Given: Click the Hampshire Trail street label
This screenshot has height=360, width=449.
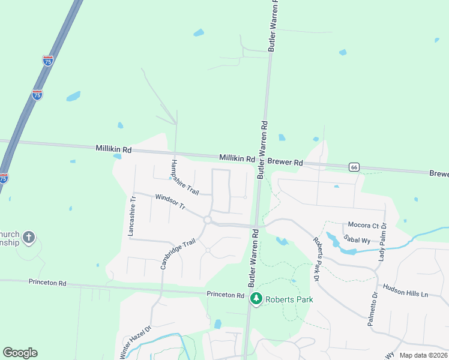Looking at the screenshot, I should (184, 177).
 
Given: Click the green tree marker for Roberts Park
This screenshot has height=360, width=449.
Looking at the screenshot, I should (256, 298).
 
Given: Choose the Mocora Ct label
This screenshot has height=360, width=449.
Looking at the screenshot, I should (362, 226).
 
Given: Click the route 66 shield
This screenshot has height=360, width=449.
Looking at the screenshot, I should (355, 167).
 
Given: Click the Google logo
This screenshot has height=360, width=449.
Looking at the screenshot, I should (20, 353).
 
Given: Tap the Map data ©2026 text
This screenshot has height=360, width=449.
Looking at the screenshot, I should (423, 355).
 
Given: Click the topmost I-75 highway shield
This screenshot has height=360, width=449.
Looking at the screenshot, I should (47, 61).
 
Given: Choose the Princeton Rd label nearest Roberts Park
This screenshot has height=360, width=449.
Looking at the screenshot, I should (225, 295).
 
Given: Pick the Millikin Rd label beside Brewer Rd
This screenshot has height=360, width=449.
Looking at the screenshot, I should (237, 157).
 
